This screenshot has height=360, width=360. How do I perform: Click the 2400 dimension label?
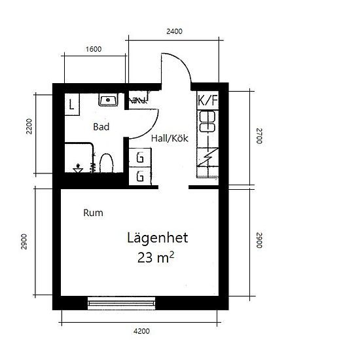[x=174, y=31]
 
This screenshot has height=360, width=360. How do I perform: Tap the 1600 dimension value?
[x=94, y=49]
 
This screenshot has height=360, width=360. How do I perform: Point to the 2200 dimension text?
[x=29, y=126]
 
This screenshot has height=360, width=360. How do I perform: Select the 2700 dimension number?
[x=259, y=136]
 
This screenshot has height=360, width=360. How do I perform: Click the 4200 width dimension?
[x=141, y=331]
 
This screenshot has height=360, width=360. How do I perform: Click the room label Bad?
[x=101, y=127]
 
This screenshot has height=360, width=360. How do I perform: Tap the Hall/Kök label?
[x=170, y=138]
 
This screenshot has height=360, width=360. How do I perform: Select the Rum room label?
[x=93, y=213]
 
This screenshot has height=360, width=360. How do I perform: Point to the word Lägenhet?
[x=158, y=238]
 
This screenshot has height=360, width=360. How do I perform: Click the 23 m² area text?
[x=155, y=257]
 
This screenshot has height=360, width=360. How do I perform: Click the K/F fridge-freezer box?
[x=207, y=100]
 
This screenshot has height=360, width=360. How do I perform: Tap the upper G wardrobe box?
[x=140, y=158]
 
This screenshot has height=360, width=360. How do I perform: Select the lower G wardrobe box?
[x=140, y=176]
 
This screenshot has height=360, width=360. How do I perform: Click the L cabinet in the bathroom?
[x=72, y=105]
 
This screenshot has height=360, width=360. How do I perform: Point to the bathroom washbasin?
[x=108, y=99]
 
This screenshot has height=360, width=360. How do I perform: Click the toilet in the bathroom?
[x=107, y=163]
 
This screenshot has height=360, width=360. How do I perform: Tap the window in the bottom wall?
[x=122, y=303]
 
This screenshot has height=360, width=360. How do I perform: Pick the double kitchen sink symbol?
[x=207, y=122]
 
